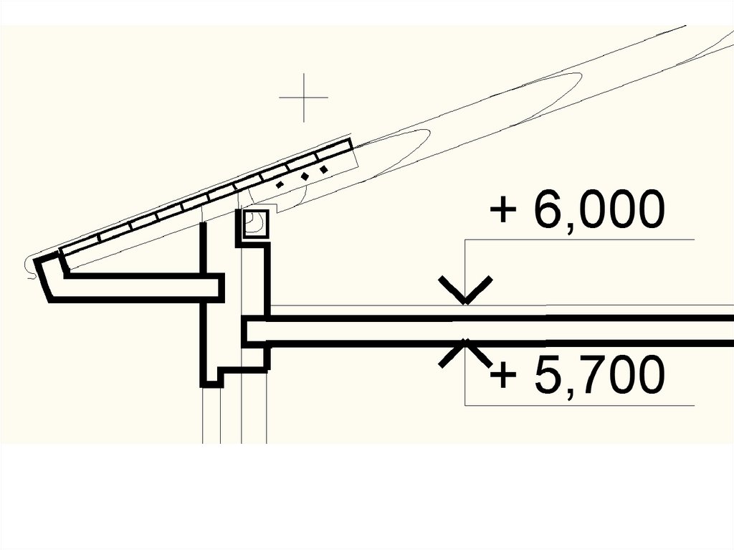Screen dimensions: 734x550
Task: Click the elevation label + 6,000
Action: point(577,210)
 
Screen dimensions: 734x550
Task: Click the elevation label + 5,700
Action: point(577,375)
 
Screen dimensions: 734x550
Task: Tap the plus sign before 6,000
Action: point(502,210)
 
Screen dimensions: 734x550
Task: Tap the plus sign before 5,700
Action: point(502,375)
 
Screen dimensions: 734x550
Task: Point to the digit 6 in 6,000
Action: point(548,209)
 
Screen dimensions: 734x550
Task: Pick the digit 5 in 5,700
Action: point(548,374)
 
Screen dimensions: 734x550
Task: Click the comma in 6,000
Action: point(570,227)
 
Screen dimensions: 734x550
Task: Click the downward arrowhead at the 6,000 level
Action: point(464,290)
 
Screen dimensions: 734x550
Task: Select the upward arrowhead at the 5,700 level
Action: point(464,352)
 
